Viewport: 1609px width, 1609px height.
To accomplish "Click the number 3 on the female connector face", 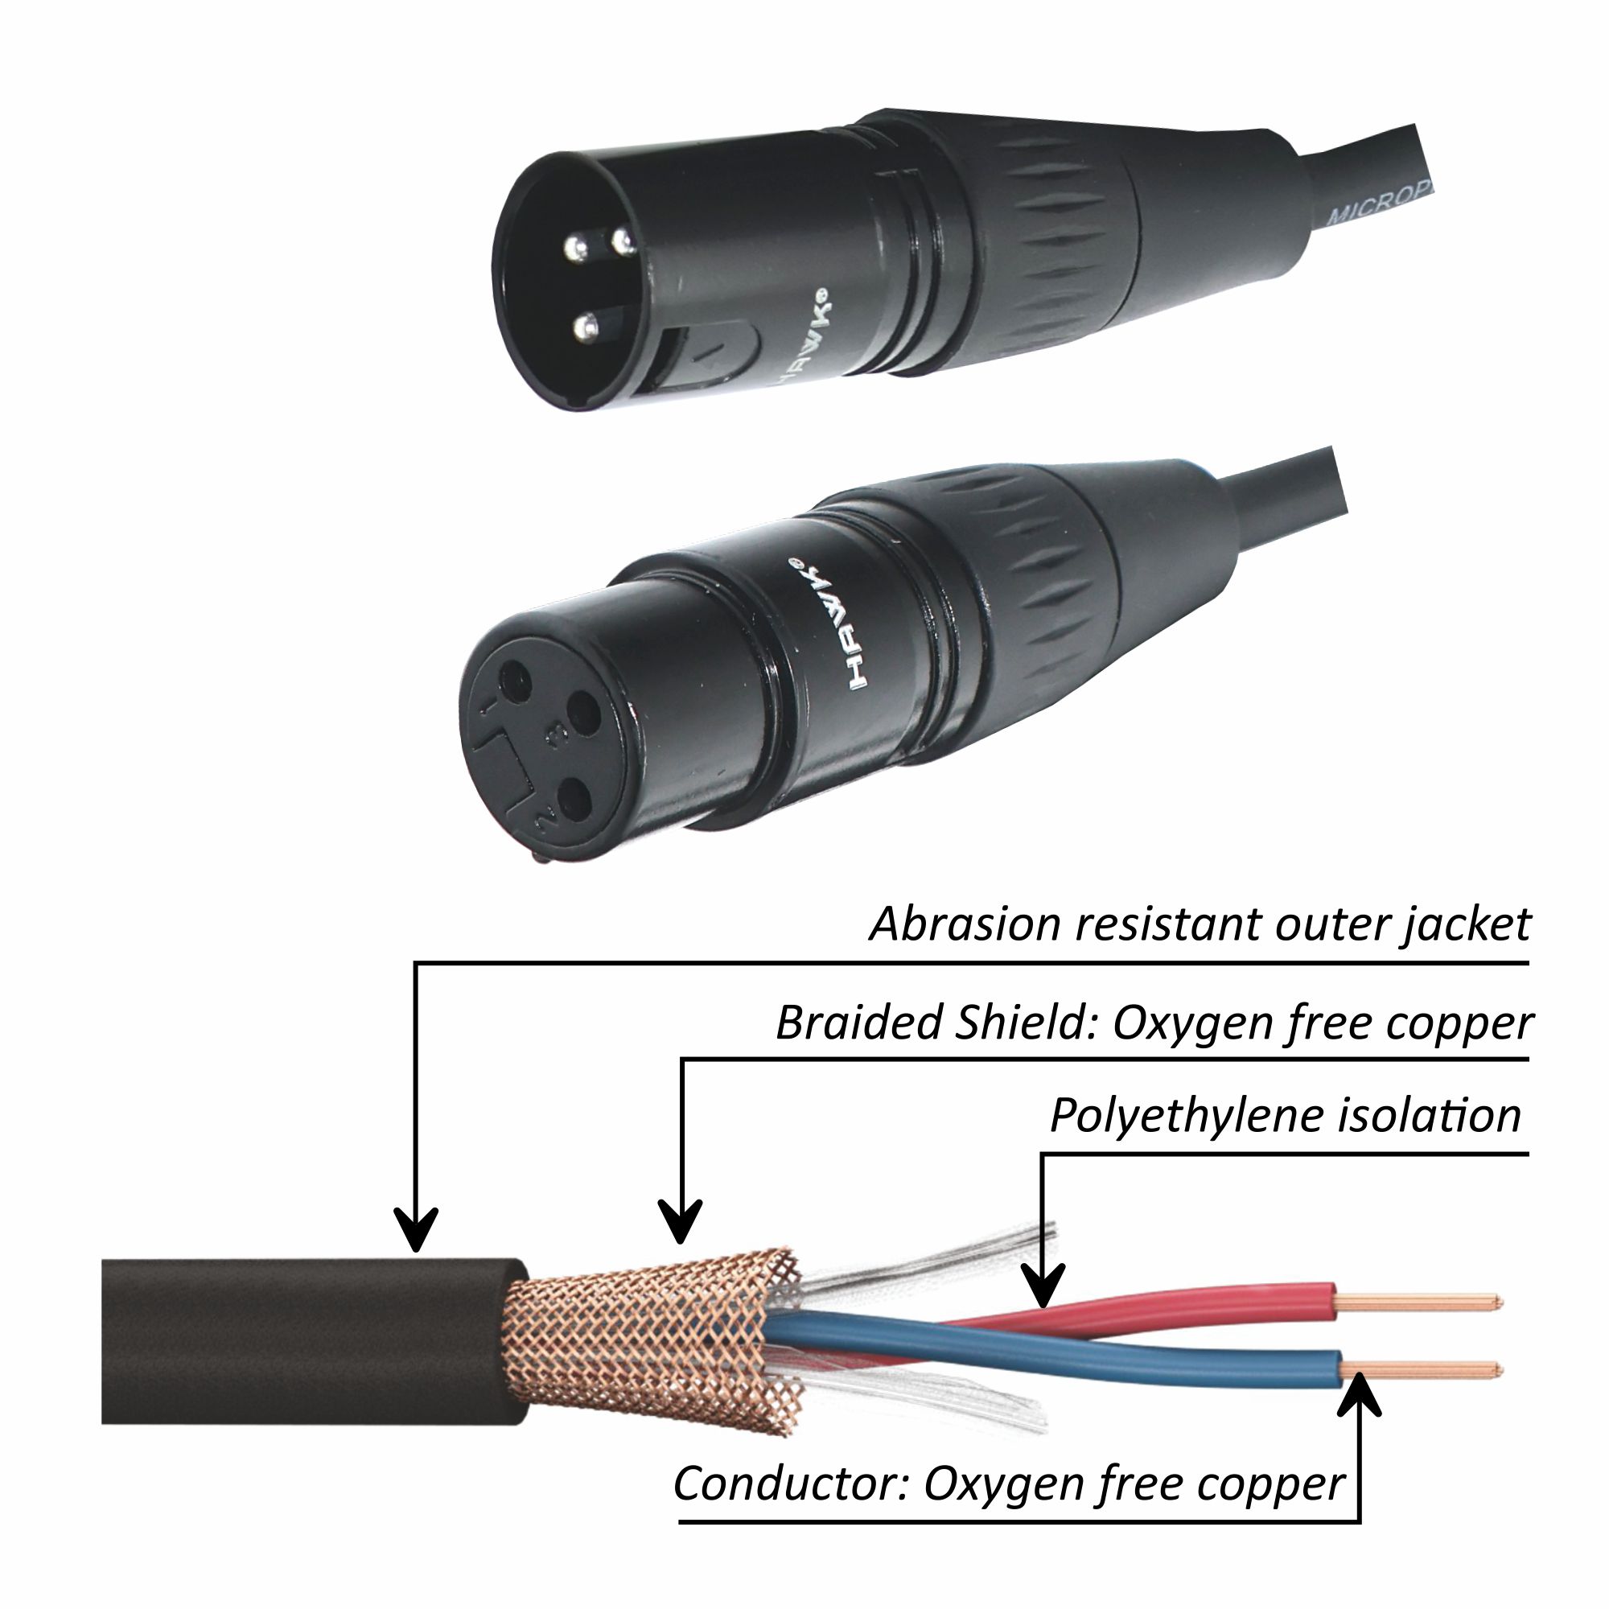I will [x=550, y=734].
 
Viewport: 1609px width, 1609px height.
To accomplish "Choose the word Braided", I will [x=858, y=1023].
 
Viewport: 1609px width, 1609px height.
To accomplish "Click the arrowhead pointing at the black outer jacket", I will [x=416, y=1237].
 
